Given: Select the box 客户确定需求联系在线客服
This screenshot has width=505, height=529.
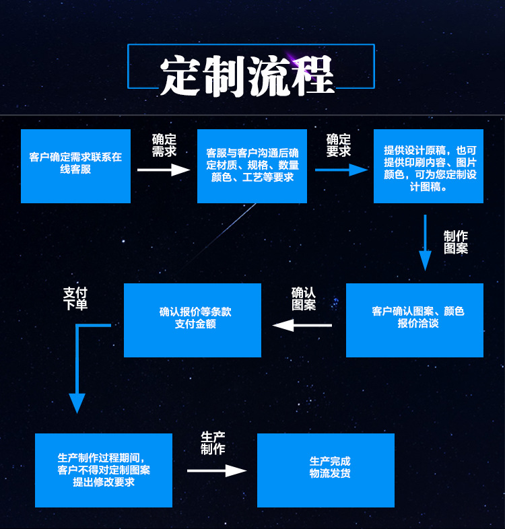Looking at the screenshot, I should [x=75, y=166].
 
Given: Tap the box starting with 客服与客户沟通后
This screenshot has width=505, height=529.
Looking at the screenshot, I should [x=252, y=166].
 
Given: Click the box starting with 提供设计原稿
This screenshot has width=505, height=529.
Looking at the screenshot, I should [x=428, y=166].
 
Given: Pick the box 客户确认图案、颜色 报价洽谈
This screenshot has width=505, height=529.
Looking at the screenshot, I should [x=414, y=320].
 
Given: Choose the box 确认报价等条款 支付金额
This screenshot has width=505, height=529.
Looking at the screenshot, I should [x=192, y=320].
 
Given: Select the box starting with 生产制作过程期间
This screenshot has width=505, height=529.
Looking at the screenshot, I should [x=103, y=470].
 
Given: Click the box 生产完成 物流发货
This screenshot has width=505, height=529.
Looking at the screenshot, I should [x=325, y=470].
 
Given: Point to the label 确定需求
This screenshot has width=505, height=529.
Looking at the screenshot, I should [x=164, y=145].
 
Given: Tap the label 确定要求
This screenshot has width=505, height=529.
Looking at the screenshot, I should [x=339, y=145].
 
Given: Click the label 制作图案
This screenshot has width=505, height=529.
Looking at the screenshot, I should [x=456, y=242].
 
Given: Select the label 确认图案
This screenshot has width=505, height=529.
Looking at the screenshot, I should [x=304, y=299].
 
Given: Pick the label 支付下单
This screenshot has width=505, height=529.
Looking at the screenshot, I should [x=75, y=299].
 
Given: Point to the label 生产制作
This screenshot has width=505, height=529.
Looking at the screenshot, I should [x=213, y=443].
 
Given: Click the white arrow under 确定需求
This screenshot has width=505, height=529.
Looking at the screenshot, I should [x=164, y=170].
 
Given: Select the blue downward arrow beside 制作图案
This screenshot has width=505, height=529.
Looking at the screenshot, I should [x=425, y=242].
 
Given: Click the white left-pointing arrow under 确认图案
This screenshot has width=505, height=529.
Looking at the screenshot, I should [x=302, y=325].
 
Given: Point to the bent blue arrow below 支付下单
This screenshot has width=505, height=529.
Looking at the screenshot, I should [x=78, y=367].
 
